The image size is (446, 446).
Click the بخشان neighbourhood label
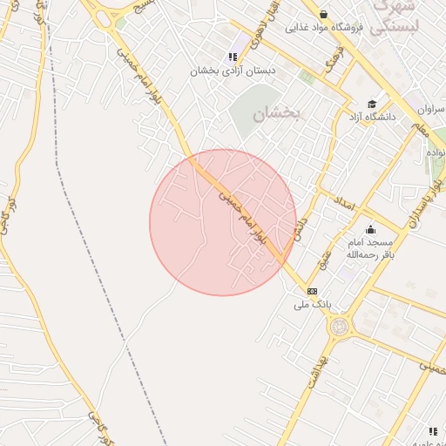(x=275, y=114)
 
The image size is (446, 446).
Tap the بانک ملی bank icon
(x=312, y=291)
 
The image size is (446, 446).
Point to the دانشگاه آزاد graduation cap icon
(x=372, y=103)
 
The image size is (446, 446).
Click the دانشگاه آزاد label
(x=373, y=116)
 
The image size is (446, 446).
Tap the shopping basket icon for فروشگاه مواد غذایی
(x=324, y=15)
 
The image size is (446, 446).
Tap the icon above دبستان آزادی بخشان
(x=233, y=57)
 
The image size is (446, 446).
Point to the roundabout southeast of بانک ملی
(x=338, y=327)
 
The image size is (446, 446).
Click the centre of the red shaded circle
(x=223, y=223)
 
